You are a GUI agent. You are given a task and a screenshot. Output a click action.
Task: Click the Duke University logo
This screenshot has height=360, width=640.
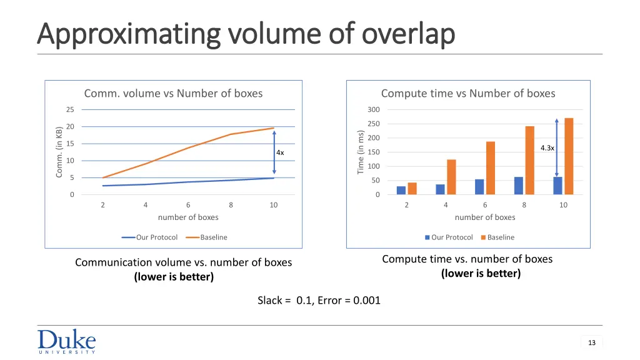66,341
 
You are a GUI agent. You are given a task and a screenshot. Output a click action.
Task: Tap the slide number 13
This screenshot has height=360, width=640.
591,342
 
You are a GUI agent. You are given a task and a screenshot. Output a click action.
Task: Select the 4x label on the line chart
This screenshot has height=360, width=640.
280,153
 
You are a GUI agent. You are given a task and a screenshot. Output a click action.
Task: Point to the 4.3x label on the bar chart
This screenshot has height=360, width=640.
547,148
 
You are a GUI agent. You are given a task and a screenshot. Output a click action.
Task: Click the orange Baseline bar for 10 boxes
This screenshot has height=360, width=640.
569,156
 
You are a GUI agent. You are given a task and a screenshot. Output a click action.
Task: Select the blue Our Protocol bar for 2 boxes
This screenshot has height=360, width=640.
401,191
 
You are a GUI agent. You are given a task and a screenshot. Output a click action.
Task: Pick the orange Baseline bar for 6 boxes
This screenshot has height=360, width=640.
491,168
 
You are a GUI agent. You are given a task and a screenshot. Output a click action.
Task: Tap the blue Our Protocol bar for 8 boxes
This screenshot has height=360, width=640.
519,186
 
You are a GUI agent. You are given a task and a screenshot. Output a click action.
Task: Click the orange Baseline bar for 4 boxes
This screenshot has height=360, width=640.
451,177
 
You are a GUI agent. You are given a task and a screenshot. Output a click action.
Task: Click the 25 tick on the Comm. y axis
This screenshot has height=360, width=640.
70,110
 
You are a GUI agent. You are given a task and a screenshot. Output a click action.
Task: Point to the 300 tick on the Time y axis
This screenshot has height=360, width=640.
373,110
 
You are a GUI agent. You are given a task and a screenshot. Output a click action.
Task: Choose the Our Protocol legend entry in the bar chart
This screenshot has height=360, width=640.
448,237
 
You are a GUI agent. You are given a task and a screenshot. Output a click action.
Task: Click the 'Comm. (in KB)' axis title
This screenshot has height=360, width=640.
59,152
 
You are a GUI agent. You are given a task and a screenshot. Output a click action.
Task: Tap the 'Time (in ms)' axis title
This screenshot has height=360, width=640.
361,152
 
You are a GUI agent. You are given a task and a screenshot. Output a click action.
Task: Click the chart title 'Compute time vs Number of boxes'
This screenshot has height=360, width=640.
468,94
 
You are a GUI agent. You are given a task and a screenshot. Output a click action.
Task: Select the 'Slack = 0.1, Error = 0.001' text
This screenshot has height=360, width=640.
319,301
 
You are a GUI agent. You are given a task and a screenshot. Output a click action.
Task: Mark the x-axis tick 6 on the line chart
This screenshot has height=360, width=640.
188,205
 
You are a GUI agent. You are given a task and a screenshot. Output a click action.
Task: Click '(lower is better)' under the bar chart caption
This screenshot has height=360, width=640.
481,273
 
